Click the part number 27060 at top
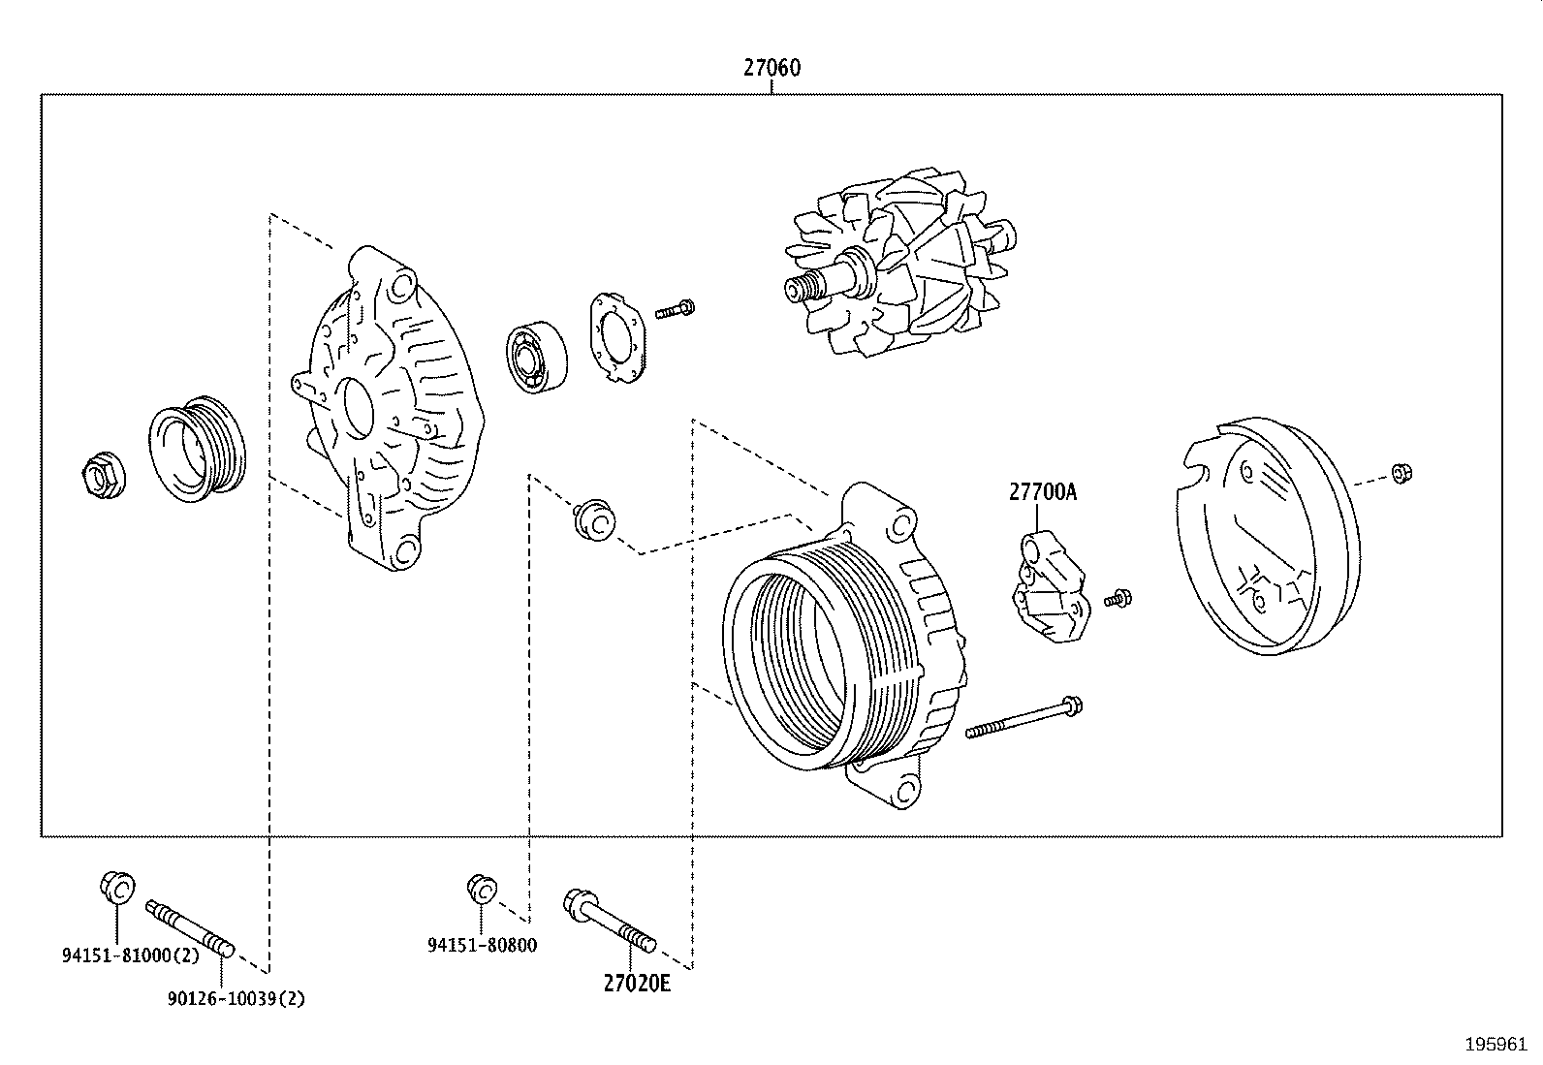[x=771, y=68]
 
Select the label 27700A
[x=1042, y=492]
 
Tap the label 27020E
[x=637, y=983]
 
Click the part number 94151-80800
[x=482, y=945]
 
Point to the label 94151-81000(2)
[x=131, y=955]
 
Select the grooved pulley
[x=197, y=450]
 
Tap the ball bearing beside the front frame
[x=536, y=358]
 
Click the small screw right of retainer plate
[x=676, y=310]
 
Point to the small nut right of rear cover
[x=1400, y=473]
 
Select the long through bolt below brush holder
[x=1023, y=718]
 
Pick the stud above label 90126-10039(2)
[x=188, y=929]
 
